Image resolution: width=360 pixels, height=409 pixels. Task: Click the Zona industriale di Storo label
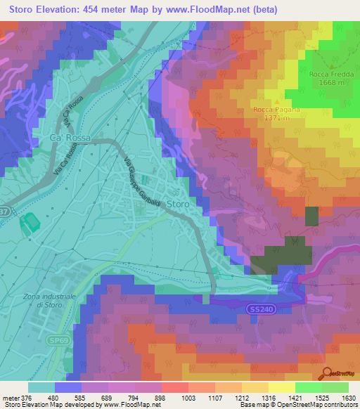tap(44, 300)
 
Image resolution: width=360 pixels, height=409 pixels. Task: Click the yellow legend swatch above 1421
tap(282, 387)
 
